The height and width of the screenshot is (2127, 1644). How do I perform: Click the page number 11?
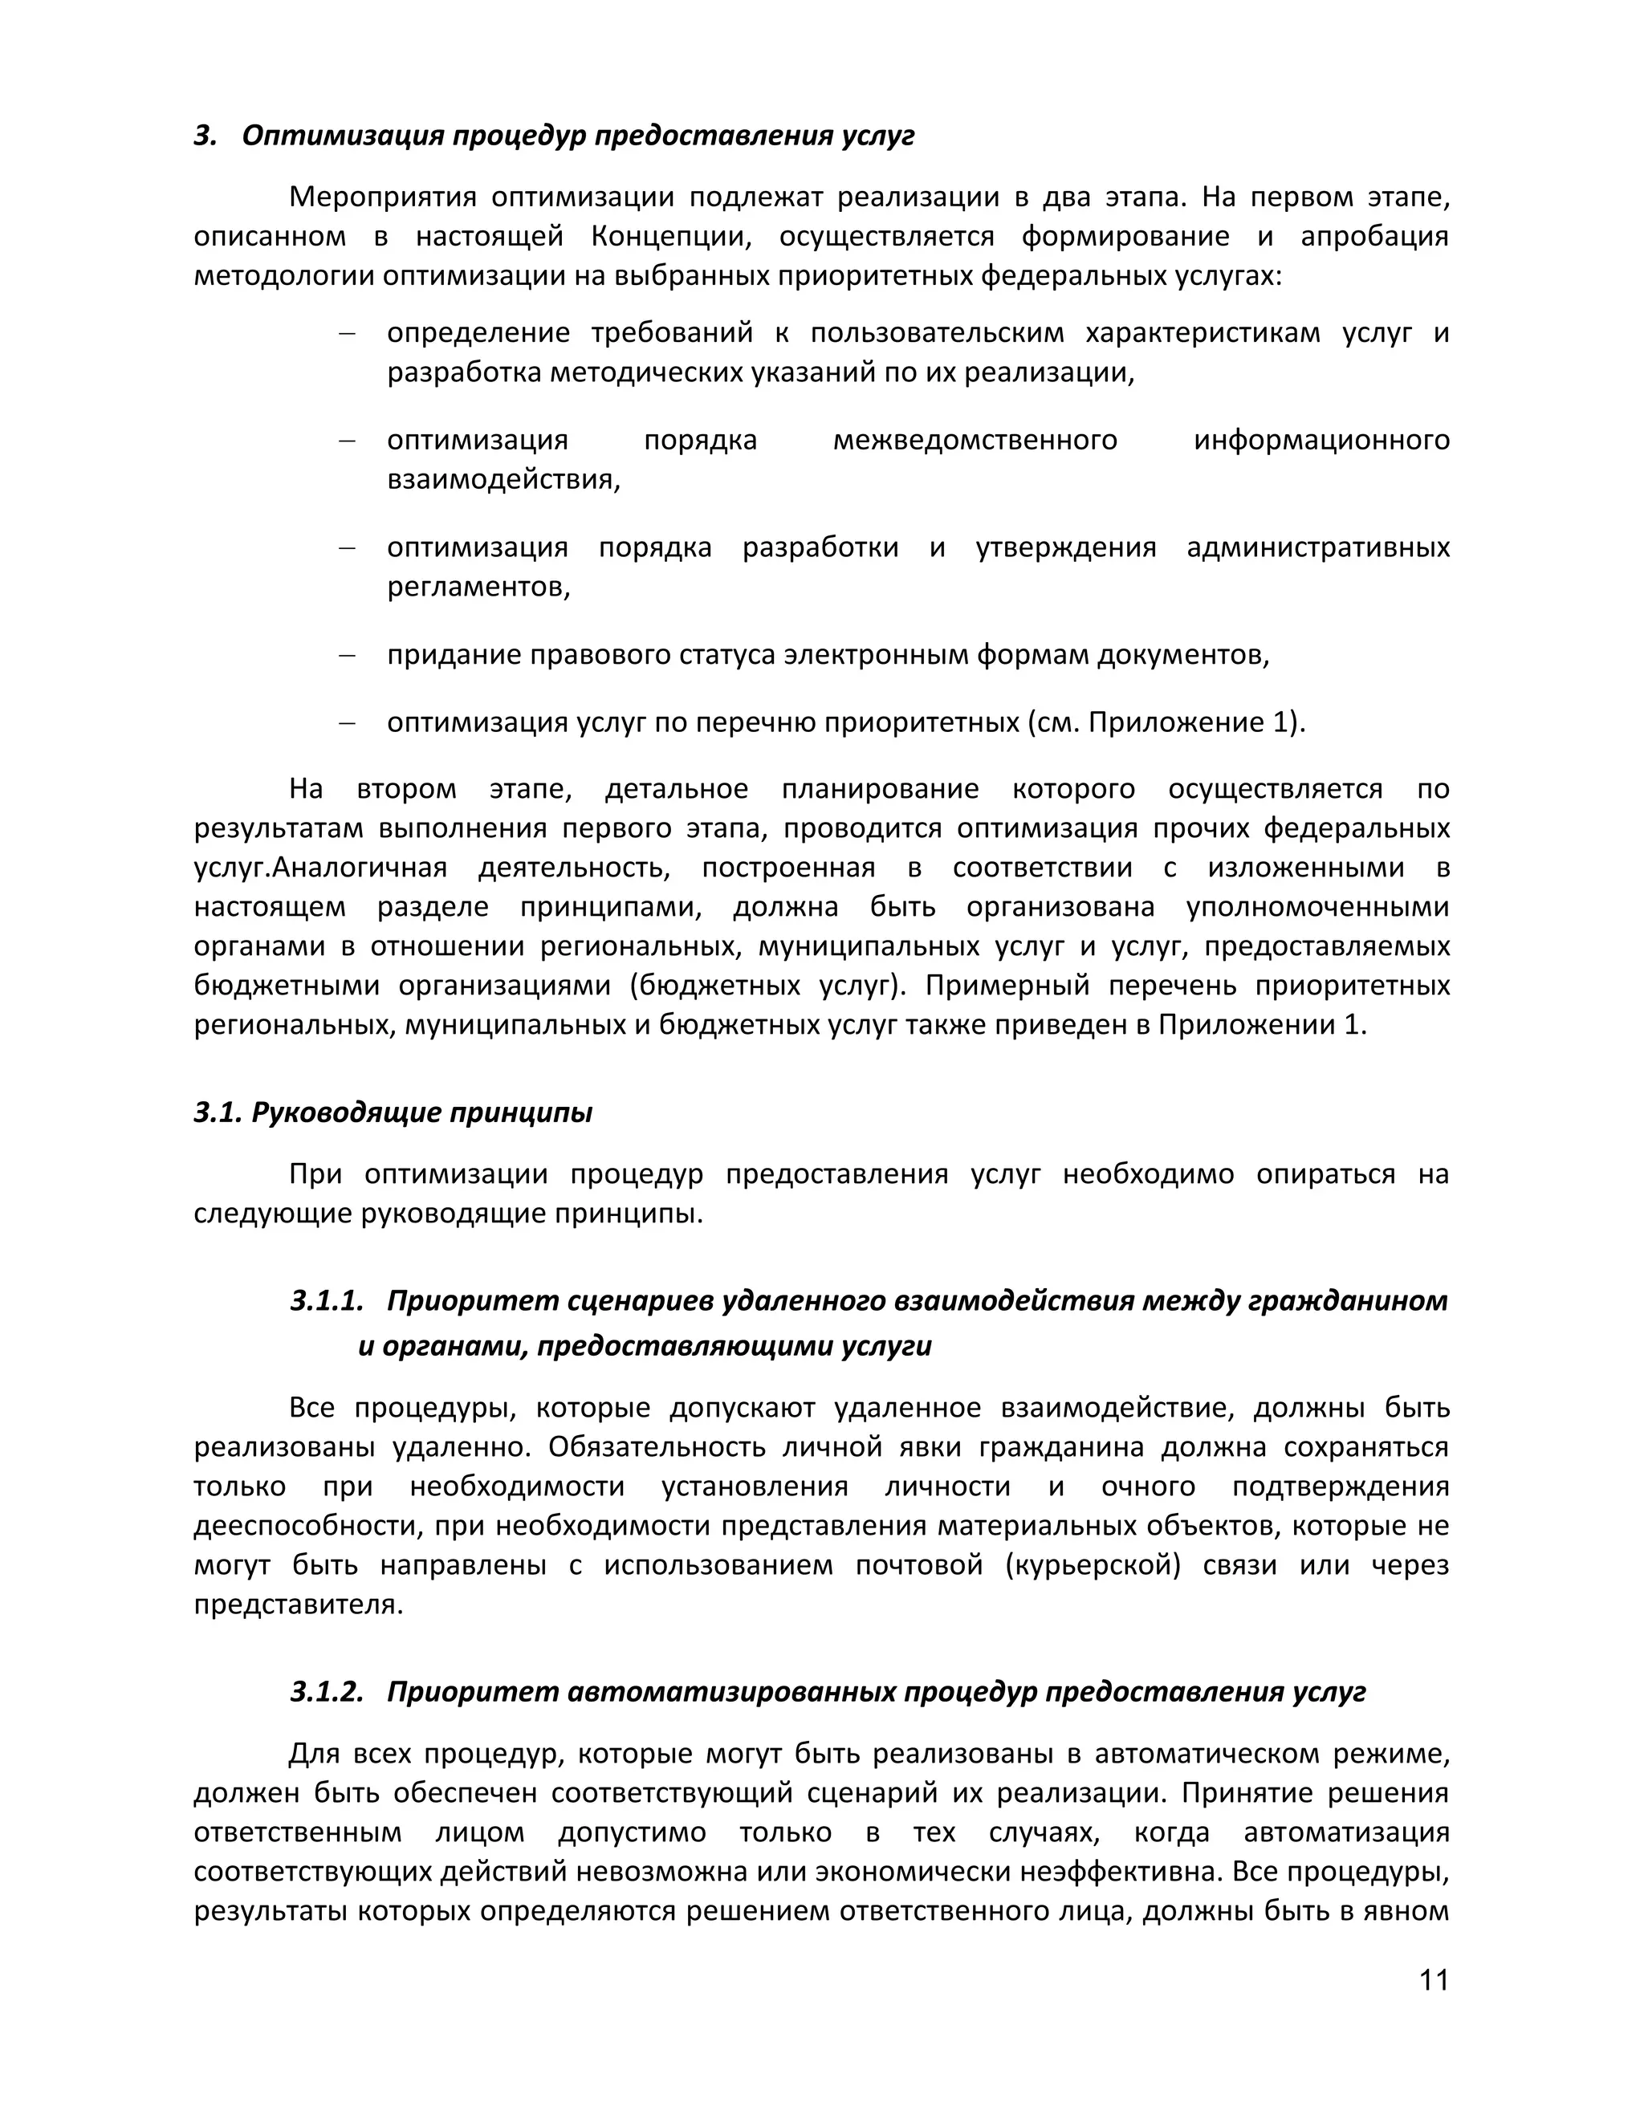(x=1434, y=1980)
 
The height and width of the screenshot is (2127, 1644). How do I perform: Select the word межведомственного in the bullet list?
(x=975, y=440)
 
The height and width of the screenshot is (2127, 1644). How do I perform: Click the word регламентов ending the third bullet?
(x=478, y=588)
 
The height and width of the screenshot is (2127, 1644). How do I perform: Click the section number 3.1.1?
(x=326, y=1301)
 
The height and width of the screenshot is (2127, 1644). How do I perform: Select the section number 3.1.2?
(x=326, y=1692)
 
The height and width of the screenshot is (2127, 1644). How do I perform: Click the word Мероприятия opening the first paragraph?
(x=383, y=197)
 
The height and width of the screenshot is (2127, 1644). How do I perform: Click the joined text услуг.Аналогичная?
(x=320, y=868)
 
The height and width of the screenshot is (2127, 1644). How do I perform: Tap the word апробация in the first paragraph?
(x=1374, y=237)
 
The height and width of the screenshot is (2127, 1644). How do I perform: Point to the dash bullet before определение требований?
(x=346, y=334)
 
